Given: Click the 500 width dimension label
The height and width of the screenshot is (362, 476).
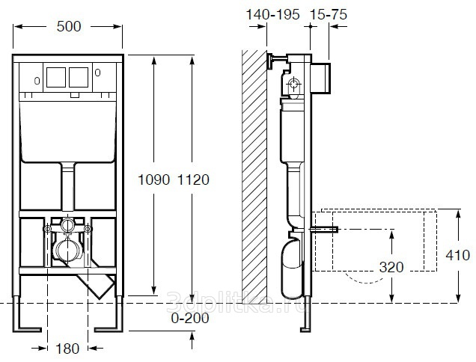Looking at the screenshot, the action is coord(69,26).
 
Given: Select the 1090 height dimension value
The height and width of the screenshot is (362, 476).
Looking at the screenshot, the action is coord(153,180).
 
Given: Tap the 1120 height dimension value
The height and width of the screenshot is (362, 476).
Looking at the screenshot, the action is coord(193,180).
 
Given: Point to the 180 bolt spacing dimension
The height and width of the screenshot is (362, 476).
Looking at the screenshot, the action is coord(67,349).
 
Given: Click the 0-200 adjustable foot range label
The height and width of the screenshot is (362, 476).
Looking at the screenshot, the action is coord(190,319).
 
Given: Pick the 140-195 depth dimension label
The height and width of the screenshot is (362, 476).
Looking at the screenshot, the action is coord(272,14).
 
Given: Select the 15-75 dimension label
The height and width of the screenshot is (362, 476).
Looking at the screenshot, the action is coord(329,14).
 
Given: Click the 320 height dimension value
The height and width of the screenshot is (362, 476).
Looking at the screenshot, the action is coord(391,267).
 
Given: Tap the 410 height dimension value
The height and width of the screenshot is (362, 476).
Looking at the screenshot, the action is coord(458,255).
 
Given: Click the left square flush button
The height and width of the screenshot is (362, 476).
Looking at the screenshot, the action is coord(56,77).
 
